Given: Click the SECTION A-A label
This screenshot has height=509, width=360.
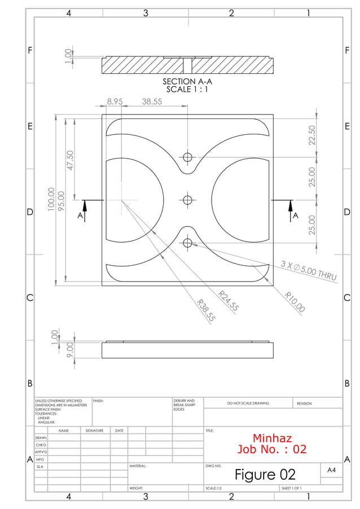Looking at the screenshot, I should point(187,82).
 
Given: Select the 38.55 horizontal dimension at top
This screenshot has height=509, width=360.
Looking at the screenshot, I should point(152,102).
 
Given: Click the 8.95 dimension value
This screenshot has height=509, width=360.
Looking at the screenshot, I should point(115,102).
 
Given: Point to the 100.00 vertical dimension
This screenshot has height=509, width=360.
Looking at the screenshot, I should point(51,200).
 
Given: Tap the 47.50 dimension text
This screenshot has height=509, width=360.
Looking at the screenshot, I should point(71,162).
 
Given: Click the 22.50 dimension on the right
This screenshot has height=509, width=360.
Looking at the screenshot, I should point(312,135).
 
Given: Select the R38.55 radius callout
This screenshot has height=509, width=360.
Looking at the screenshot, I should point(206,310).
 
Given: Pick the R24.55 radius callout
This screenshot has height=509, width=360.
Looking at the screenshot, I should point(230,301).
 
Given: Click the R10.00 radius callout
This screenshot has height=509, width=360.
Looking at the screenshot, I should point(295,302).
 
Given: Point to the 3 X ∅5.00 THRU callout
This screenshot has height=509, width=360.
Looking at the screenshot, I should point(309,271).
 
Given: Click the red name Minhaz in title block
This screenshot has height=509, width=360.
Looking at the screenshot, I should point(272,438).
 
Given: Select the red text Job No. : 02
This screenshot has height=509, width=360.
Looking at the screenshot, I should point(272,450).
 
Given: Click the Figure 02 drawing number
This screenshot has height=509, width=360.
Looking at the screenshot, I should point(265,474).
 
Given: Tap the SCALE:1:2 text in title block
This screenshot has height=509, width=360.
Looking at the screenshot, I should point(213,488).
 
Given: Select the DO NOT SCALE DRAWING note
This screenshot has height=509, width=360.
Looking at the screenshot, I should point(248,403).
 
